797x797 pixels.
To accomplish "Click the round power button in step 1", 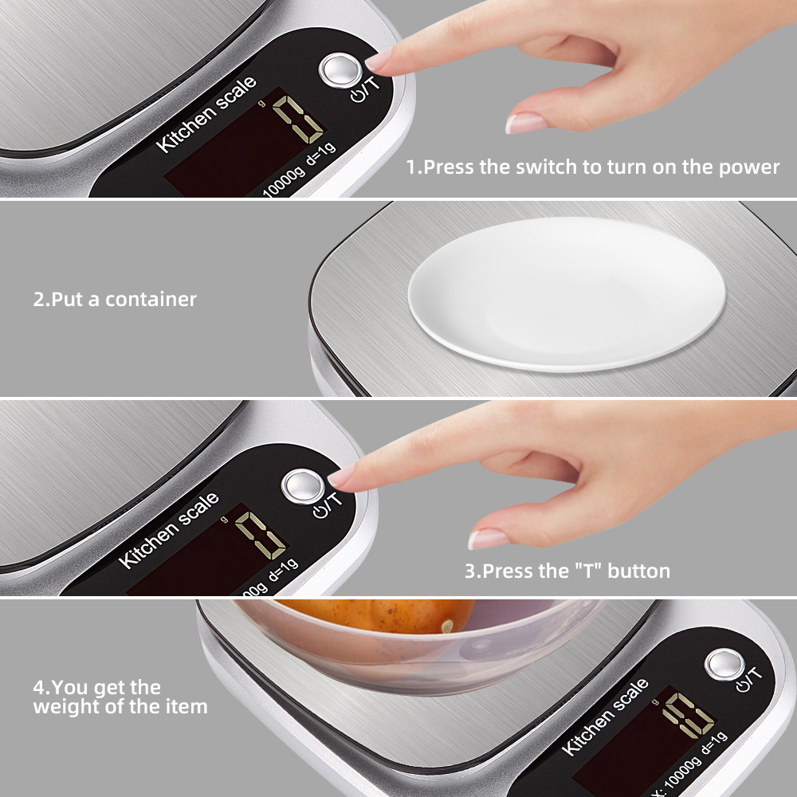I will pos(339,71).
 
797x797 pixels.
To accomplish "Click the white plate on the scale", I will pos(567,293).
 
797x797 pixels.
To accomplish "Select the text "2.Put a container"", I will pos(114,300).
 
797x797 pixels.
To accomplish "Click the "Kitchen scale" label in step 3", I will pos(169,530).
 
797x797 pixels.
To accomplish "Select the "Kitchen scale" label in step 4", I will pos(605,717).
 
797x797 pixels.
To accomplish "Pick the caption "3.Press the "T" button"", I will pos(567,571).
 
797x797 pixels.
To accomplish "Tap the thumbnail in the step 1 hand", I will pos(525,123).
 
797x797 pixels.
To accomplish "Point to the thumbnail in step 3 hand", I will pos(488,539).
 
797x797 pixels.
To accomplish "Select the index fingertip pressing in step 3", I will pos(341,477).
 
